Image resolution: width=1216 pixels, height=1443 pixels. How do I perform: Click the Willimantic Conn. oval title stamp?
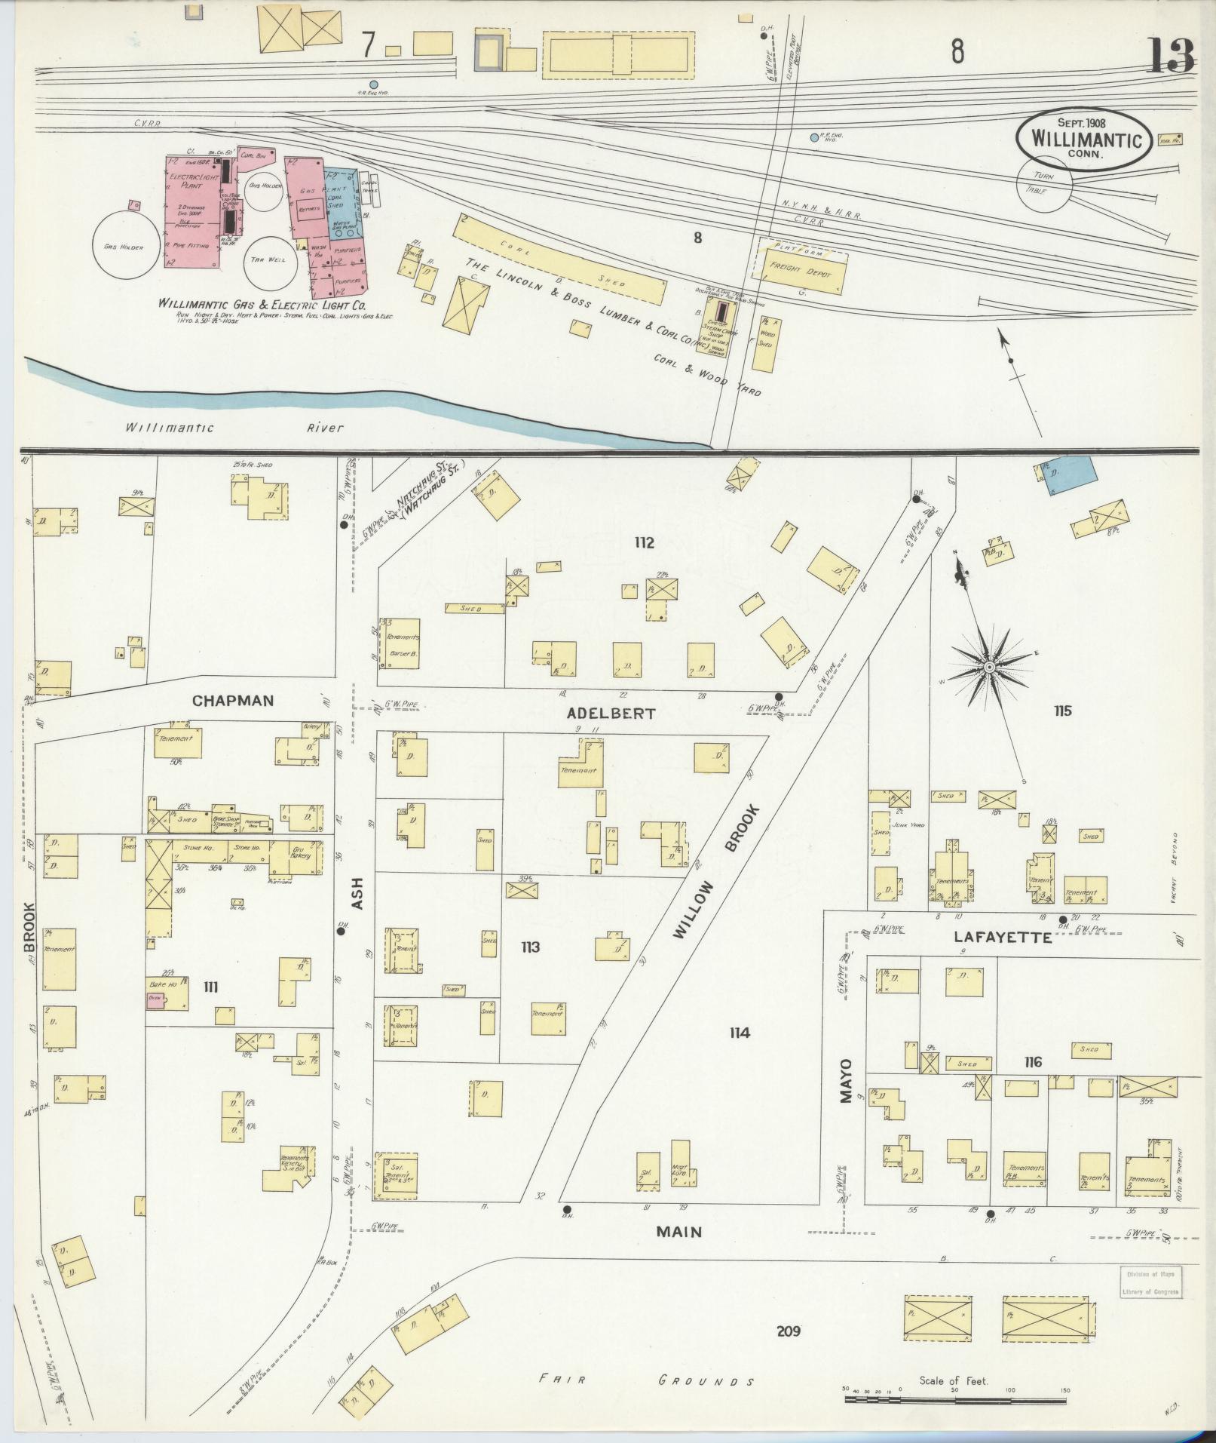(x=1083, y=138)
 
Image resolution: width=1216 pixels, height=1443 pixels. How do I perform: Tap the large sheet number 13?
(x=1171, y=57)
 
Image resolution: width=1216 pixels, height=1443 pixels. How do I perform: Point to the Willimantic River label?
(x=234, y=428)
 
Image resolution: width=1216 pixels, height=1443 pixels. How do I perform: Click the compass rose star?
(x=988, y=668)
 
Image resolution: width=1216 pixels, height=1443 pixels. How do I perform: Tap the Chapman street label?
(x=232, y=700)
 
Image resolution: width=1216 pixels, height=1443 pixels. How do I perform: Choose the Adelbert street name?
(x=611, y=713)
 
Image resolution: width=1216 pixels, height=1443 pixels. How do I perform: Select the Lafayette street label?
(x=1002, y=938)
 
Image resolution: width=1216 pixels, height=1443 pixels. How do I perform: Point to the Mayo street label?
(x=845, y=1081)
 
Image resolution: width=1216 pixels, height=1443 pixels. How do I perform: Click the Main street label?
(x=678, y=1232)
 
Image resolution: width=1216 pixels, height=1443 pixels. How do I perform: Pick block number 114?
(x=739, y=1033)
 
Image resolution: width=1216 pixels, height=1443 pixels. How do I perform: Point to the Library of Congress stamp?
(x=1150, y=1282)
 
